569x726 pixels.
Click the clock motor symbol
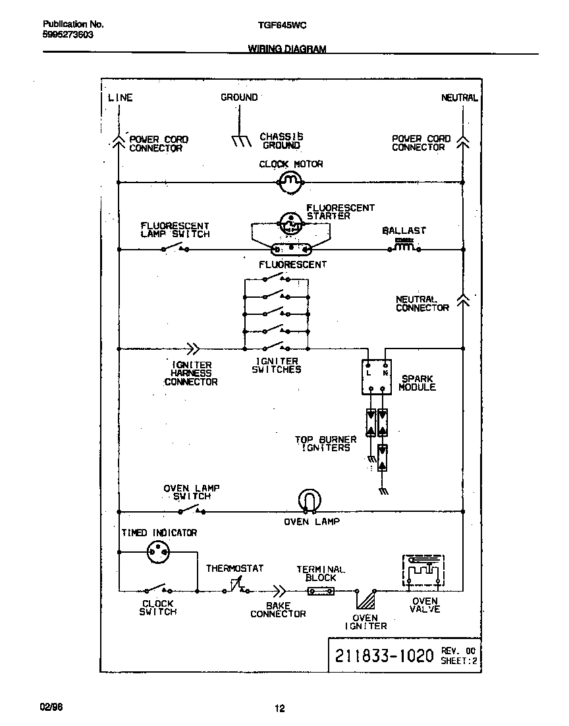(x=290, y=182)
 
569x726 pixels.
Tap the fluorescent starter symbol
(x=290, y=223)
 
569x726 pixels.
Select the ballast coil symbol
(x=404, y=248)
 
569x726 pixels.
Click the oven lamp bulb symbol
(x=308, y=500)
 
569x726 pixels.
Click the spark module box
(x=377, y=377)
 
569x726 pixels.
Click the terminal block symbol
(x=321, y=591)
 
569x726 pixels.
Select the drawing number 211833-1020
(x=384, y=656)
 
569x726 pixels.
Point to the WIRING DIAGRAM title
(x=286, y=49)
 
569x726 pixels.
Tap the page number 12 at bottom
(x=279, y=709)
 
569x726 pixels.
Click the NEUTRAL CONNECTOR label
(x=422, y=304)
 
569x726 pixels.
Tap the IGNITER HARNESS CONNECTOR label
(x=191, y=374)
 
